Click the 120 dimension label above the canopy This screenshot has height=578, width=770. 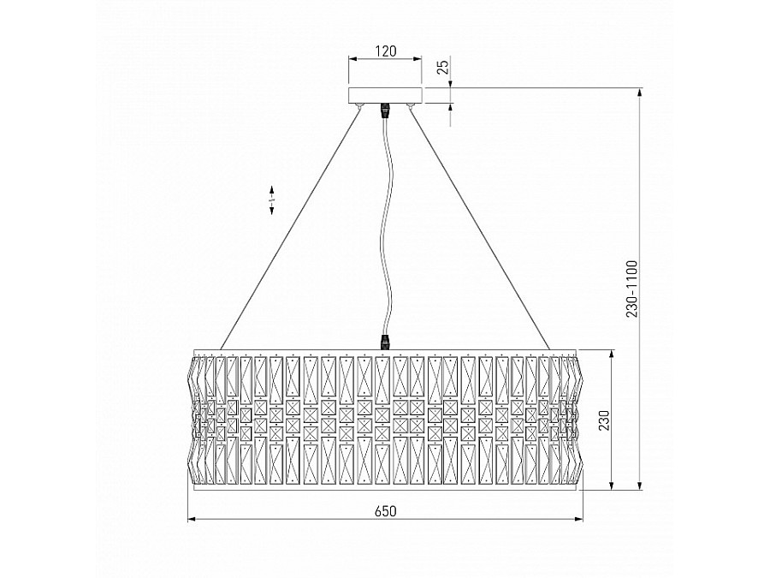pos(385,51)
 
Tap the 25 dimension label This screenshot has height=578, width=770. pos(442,68)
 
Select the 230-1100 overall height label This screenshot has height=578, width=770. pos(632,289)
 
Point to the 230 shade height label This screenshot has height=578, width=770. pos(603,420)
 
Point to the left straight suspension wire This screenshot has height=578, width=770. pos(291,227)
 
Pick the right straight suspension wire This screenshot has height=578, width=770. pos(479,227)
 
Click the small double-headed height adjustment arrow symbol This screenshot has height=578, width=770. pos(272,200)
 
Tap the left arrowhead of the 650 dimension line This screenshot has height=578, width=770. pos(192,519)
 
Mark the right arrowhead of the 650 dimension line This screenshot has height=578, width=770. pos(578,519)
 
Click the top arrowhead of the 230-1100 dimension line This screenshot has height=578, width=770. pos(641,92)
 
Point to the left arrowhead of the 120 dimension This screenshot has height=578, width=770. pos(351,60)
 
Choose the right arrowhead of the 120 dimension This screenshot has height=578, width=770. pos(419,60)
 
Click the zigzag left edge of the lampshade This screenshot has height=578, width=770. pos(193,420)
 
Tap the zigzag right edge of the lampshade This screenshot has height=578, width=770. pos(577,420)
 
